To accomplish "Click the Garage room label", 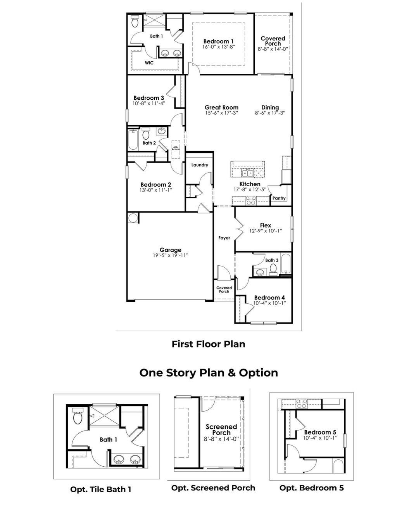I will click(x=171, y=250).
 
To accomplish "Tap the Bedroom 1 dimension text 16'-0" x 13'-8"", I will click(x=219, y=47).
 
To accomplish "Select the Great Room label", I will click(x=221, y=107).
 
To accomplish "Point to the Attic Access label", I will click(x=176, y=148).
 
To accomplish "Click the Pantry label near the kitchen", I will click(x=279, y=198).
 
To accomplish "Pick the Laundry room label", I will click(x=200, y=165).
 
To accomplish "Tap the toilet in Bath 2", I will click(x=146, y=134).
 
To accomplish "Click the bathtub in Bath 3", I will click(x=286, y=264).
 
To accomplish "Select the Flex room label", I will click(x=266, y=225).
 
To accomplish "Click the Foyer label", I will click(x=224, y=238).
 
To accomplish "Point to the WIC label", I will click(x=149, y=63).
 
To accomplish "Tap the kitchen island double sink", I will click(x=247, y=172).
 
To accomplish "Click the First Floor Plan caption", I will click(x=209, y=344).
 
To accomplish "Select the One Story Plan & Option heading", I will click(x=209, y=373).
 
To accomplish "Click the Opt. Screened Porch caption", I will click(x=213, y=488).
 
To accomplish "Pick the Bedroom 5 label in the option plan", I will click(x=320, y=432).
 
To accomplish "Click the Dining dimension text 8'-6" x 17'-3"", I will click(x=270, y=113).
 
